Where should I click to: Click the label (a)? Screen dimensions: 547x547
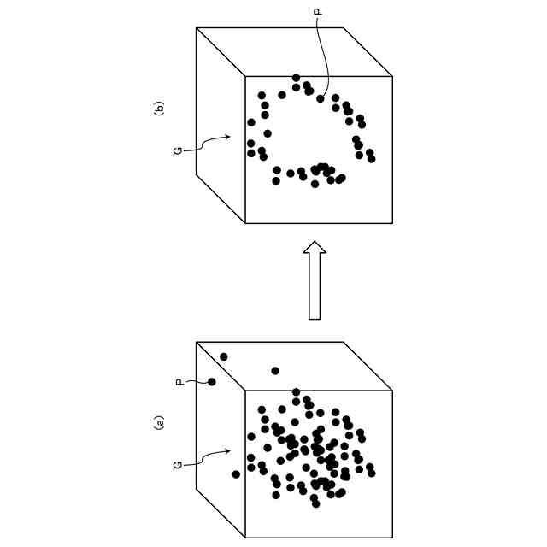click(158, 422)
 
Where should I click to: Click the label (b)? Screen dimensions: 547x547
click(158, 108)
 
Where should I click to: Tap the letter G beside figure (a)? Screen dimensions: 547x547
click(178, 464)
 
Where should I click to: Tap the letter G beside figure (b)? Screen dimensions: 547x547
click(178, 150)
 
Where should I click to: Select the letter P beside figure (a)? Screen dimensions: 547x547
click(179, 382)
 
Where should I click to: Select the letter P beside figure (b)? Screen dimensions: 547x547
click(317, 13)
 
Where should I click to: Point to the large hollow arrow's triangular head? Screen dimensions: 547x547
click(315, 249)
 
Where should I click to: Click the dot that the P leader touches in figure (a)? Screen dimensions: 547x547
click(212, 382)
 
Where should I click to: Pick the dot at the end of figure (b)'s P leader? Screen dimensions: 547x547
click(321, 98)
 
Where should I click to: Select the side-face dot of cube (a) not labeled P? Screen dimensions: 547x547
click(224, 356)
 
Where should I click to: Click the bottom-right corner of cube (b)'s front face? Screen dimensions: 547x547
click(392, 223)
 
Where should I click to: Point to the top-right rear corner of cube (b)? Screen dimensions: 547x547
click(344, 27)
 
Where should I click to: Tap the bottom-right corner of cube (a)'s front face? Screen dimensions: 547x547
click(392, 538)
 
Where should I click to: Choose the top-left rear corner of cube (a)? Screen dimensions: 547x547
click(197, 342)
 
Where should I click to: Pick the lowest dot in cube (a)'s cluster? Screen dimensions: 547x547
click(315, 503)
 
